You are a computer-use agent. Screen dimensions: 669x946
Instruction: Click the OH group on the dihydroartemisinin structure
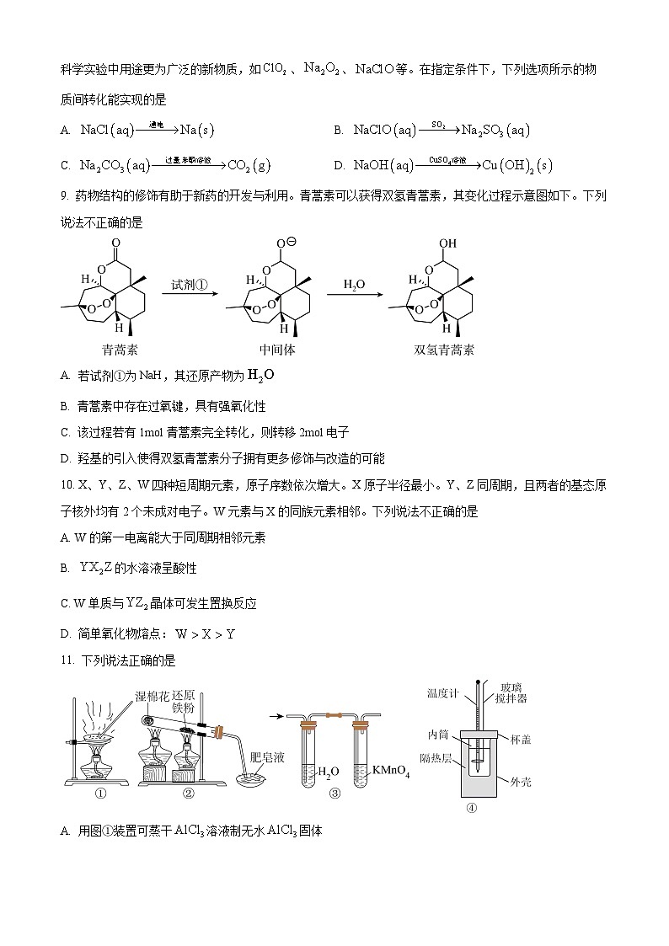[447, 244]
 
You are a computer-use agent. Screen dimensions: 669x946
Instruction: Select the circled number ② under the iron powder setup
[188, 793]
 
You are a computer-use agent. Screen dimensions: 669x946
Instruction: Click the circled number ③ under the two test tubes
[334, 793]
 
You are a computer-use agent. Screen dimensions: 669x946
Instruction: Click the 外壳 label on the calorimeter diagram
[520, 783]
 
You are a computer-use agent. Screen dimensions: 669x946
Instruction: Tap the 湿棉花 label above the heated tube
[152, 695]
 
